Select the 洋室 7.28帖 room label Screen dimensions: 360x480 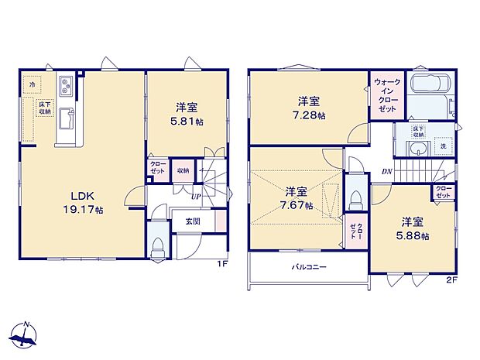(309, 108)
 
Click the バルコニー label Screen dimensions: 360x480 (308, 268)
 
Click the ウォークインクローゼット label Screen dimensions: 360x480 (384, 96)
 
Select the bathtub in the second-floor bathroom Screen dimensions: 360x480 (430, 86)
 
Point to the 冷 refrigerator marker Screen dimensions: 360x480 (32, 83)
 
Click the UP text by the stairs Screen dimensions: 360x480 (197, 197)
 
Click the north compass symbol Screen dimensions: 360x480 (26, 335)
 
